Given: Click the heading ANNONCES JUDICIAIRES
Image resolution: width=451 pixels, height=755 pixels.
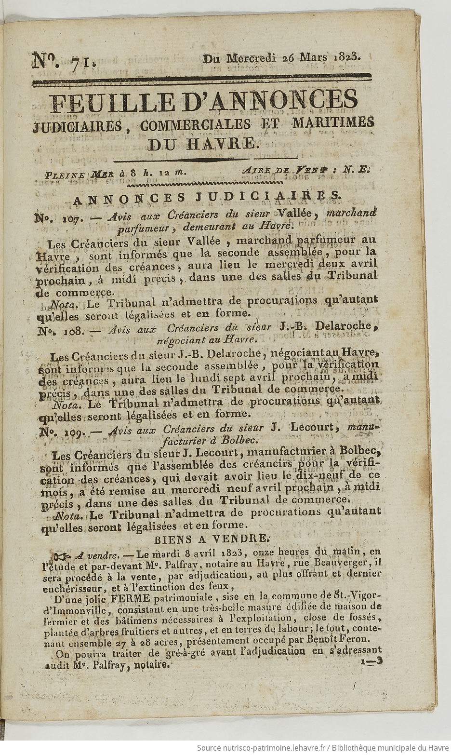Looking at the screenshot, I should click(205, 197).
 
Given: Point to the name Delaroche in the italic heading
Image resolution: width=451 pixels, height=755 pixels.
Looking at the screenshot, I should click(345, 326).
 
